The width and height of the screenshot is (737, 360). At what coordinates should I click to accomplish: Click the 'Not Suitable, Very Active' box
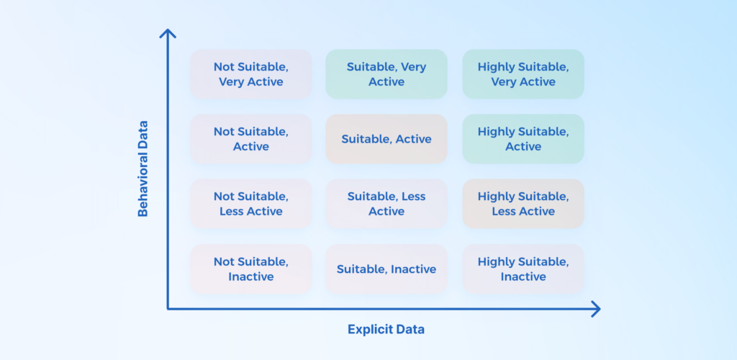click(251, 74)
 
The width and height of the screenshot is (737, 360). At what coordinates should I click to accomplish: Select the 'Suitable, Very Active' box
click(386, 74)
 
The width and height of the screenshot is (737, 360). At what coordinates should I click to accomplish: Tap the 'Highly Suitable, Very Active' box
click(523, 74)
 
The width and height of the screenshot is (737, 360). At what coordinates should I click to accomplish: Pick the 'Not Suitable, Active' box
click(251, 139)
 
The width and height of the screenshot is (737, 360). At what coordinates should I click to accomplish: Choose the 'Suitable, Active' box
click(386, 139)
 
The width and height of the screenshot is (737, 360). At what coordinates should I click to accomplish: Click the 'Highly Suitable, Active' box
click(523, 139)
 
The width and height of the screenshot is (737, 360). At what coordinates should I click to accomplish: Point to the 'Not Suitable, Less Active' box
click(251, 204)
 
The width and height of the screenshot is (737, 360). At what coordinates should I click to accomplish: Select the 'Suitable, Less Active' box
click(386, 204)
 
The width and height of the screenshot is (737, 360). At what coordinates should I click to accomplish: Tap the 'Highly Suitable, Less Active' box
click(523, 204)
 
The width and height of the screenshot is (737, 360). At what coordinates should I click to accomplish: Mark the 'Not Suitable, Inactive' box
click(251, 269)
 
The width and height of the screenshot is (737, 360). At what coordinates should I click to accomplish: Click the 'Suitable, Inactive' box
click(386, 269)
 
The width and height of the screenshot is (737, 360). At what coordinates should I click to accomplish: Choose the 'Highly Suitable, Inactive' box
click(523, 269)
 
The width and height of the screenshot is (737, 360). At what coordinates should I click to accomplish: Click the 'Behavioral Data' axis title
click(143, 168)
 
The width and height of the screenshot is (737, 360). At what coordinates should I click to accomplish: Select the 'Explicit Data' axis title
click(386, 330)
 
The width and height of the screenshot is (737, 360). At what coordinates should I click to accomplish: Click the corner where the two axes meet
click(168, 309)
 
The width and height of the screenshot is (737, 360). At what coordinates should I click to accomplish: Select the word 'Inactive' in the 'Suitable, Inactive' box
click(413, 269)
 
